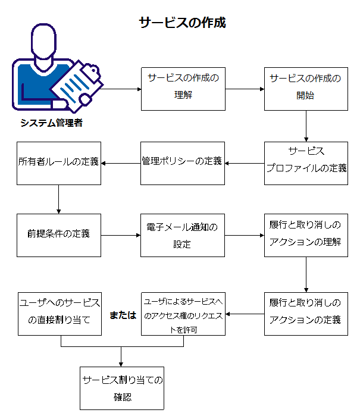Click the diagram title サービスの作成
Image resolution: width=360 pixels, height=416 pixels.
point(182,23)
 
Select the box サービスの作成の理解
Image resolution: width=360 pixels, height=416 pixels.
point(183,89)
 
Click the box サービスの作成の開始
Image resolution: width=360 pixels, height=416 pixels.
point(306,89)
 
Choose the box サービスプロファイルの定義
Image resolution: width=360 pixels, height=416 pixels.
point(306,163)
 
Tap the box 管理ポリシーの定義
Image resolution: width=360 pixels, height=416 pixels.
point(182,163)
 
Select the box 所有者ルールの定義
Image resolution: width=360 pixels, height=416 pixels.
point(58,163)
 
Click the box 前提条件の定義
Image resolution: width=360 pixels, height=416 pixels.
point(58,235)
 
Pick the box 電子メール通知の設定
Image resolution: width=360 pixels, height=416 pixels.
point(182,235)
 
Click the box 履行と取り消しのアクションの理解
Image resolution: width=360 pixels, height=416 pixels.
point(306,235)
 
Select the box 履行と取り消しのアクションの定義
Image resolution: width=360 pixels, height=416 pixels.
point(306,313)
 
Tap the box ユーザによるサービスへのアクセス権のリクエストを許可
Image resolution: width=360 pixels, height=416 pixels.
point(182,313)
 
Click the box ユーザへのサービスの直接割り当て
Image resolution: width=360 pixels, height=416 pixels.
point(58,313)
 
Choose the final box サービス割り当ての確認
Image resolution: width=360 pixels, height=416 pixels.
point(121,388)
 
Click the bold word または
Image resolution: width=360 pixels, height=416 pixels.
point(123,315)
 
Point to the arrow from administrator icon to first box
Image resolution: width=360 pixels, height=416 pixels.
point(121,89)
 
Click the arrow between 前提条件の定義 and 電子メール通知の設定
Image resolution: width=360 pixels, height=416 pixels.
point(121,236)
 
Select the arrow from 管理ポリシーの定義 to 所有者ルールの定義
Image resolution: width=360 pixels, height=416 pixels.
point(121,163)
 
